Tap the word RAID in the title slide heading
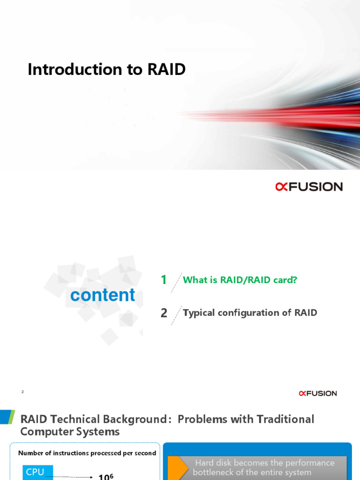tap(166, 69)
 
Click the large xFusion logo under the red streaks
tap(309, 187)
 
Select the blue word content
tap(102, 295)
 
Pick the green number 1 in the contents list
tap(164, 280)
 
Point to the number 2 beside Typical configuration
tap(164, 313)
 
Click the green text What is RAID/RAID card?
tap(240, 280)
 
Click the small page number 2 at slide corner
tap(22, 391)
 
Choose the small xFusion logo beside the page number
tap(318, 393)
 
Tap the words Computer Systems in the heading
tap(70, 431)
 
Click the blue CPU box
tap(35, 472)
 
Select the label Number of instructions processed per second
tap(87, 453)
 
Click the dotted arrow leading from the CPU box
tap(73, 477)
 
